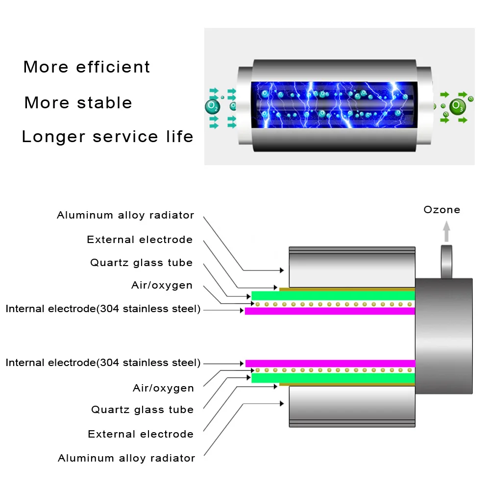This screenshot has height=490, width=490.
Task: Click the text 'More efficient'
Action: pos(87,67)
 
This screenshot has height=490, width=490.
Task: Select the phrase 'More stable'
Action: pos(78,102)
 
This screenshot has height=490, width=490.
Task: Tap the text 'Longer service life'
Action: pos(107,137)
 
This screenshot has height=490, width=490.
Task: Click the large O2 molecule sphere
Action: pos(213,107)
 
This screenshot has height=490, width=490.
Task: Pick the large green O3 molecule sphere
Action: pos(458,106)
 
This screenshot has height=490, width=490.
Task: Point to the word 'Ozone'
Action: pos(442,210)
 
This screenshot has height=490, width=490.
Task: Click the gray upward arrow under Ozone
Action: pos(446,231)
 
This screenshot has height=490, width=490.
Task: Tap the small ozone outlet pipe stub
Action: pos(446,262)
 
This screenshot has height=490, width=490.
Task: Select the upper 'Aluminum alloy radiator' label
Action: pos(125,215)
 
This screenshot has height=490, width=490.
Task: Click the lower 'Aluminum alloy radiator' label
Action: pos(126,458)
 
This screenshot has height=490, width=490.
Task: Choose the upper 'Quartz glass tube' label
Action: pos(141,263)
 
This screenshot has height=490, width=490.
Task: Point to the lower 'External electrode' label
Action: pos(141,434)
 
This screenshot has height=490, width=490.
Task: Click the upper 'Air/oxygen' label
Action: pos(162,285)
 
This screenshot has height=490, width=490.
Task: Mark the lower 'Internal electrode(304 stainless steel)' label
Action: pos(103,363)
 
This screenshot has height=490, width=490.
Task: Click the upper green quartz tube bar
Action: pos(333,295)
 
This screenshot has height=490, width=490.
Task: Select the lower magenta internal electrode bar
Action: pos(330,364)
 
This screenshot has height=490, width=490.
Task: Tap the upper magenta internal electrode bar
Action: pos(330,311)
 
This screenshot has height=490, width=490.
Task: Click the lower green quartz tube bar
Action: pos(333,378)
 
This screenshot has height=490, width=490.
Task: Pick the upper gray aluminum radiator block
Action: pos(352,267)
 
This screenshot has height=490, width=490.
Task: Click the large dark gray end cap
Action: pos(444,336)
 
